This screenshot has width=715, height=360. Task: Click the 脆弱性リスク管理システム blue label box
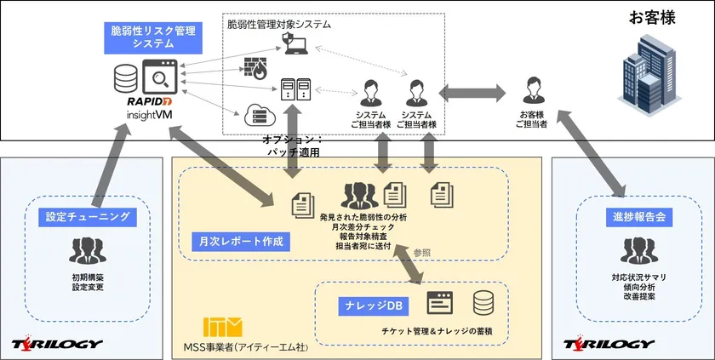click(x=153, y=37)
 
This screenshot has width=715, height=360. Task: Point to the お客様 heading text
click(x=652, y=17)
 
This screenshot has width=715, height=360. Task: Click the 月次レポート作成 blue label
click(x=237, y=242)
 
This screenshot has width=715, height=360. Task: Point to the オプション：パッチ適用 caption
click(x=293, y=146)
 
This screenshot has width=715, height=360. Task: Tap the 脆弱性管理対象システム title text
click(x=279, y=25)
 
